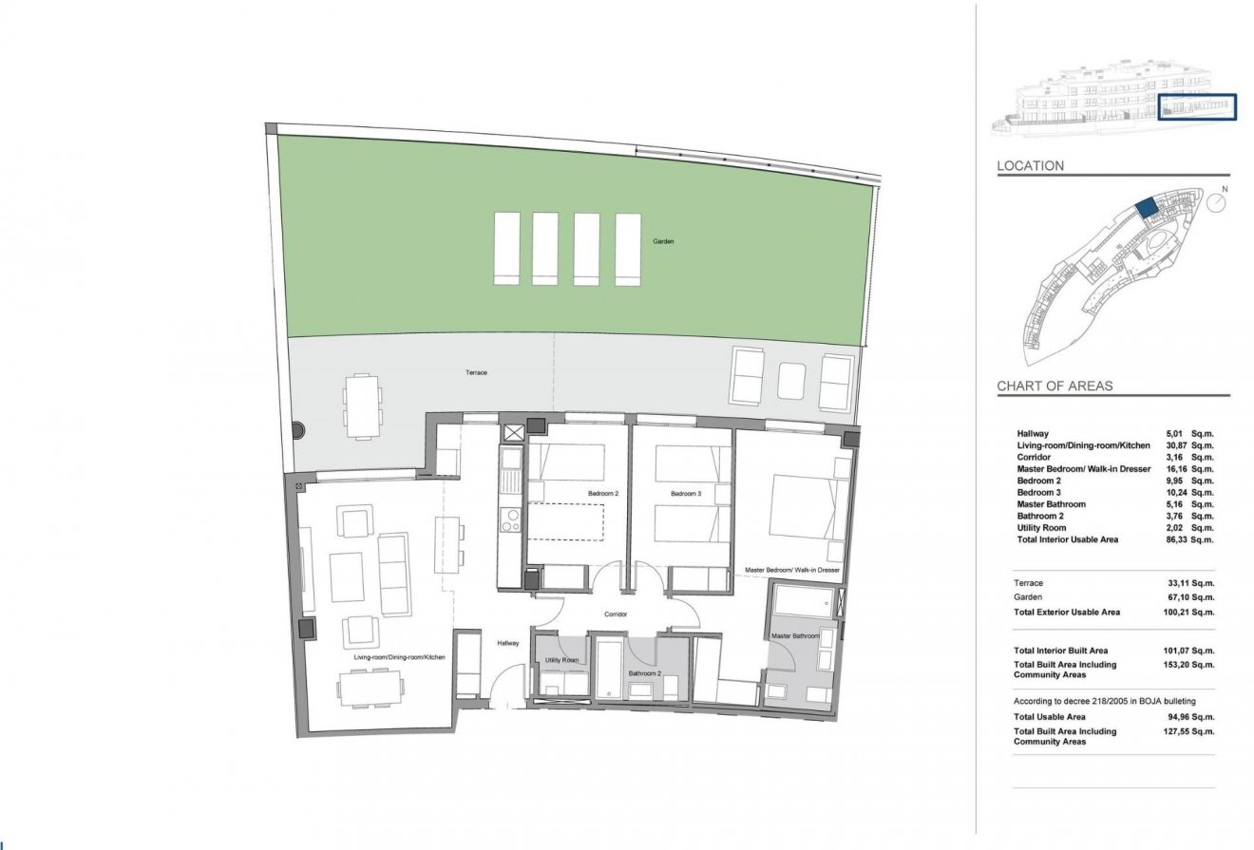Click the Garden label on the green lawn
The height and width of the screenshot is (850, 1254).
[663, 242]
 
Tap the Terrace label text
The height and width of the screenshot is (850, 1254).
[476, 372]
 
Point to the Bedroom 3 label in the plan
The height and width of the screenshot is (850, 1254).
[685, 494]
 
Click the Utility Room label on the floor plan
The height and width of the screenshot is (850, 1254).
[561, 659]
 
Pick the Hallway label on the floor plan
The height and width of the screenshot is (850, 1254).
[508, 644]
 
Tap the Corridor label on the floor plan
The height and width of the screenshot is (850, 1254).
[616, 614]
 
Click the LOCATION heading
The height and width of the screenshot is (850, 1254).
[1030, 166]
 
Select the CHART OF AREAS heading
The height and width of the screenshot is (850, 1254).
[1054, 387]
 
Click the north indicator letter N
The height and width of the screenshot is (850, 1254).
[1225, 189]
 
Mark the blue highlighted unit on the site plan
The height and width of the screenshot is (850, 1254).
[1147, 207]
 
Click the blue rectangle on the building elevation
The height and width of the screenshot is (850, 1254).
[1197, 106]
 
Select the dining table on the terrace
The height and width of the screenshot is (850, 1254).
[361, 406]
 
